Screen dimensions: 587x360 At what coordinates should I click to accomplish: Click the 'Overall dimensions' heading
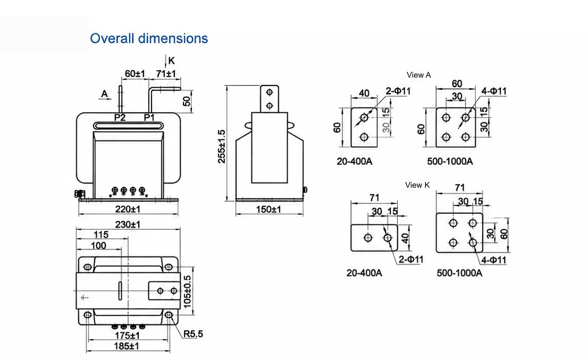pos(149,38)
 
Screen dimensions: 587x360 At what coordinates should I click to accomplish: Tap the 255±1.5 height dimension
pos(222,146)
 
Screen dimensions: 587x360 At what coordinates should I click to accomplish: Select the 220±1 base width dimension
pos(128,209)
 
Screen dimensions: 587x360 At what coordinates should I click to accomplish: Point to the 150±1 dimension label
pos(269,209)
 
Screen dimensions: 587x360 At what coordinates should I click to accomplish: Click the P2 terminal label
pos(120,118)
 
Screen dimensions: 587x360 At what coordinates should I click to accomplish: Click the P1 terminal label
pos(149,118)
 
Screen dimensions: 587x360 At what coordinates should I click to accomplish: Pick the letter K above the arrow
pos(171,61)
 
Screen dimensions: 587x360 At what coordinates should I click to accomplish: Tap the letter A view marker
pos(104,94)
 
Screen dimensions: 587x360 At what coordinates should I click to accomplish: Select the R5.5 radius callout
pos(193,334)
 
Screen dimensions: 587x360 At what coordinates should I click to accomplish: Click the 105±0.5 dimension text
pos(188,292)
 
